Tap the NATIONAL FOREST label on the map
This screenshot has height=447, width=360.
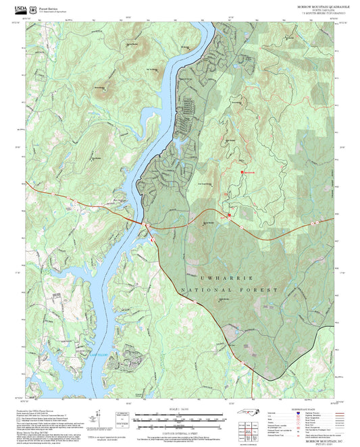point(230,290)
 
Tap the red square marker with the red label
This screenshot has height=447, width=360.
point(242,173)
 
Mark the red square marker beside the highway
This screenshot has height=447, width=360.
point(229,216)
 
